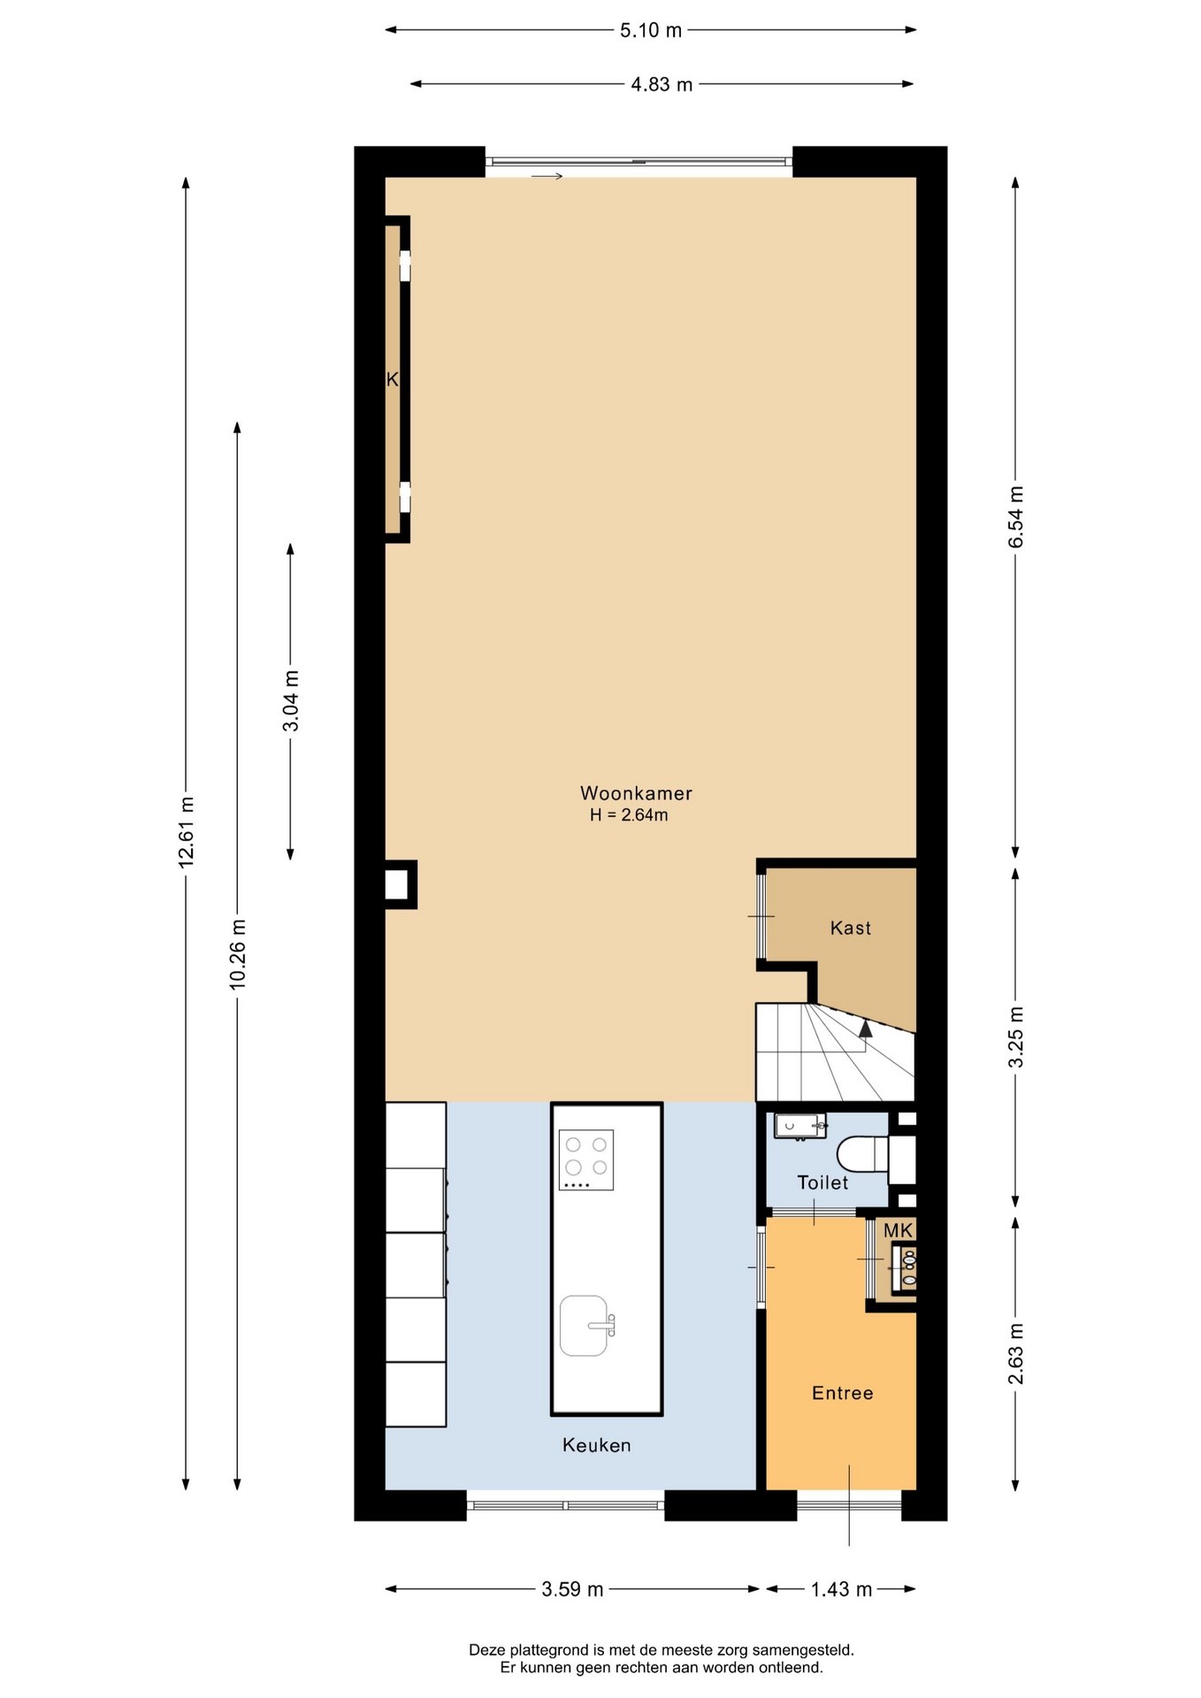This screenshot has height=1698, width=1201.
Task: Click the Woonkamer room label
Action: point(636,793)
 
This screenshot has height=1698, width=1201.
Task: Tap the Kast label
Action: point(851,928)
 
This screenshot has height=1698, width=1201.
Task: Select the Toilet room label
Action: point(822,1182)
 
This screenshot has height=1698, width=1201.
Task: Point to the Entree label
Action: point(843,1393)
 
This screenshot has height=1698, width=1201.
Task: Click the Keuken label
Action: point(597,1445)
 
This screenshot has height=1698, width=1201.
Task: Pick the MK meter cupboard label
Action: point(898,1230)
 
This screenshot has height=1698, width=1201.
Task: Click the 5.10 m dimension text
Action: point(651,30)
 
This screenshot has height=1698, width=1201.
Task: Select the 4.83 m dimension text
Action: point(662,85)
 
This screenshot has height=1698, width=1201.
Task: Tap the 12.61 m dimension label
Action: point(186,832)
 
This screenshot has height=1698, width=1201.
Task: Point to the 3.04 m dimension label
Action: point(291,700)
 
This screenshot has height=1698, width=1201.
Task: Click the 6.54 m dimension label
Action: point(1016,516)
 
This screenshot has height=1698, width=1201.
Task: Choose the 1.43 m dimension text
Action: point(842,1589)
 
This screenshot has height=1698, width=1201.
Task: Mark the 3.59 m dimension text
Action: point(573,1589)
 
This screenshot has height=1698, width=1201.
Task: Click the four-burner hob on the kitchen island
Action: point(586,1159)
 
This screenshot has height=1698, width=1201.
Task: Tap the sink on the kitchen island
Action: point(585,1326)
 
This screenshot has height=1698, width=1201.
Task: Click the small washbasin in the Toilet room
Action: point(800,1126)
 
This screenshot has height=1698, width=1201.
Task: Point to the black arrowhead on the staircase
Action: point(865,1028)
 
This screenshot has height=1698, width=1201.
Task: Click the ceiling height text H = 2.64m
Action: point(629,815)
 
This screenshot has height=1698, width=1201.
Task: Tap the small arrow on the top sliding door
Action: point(547,177)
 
